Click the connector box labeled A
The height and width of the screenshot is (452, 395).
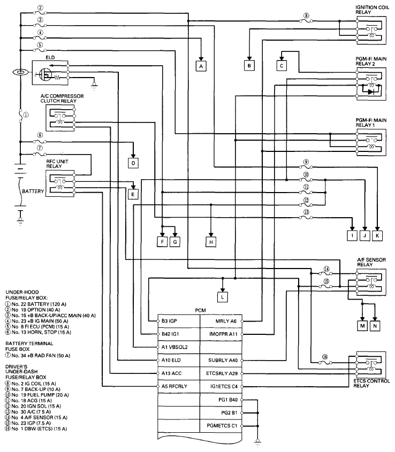[201, 66]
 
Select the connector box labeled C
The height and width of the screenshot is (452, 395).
[282, 65]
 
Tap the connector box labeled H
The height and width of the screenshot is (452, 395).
[211, 241]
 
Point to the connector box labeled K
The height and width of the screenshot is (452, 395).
[378, 235]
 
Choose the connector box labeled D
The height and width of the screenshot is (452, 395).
[134, 162]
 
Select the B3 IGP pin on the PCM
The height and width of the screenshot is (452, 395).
[170, 321]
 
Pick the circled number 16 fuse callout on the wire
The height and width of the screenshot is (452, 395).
[325, 357]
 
